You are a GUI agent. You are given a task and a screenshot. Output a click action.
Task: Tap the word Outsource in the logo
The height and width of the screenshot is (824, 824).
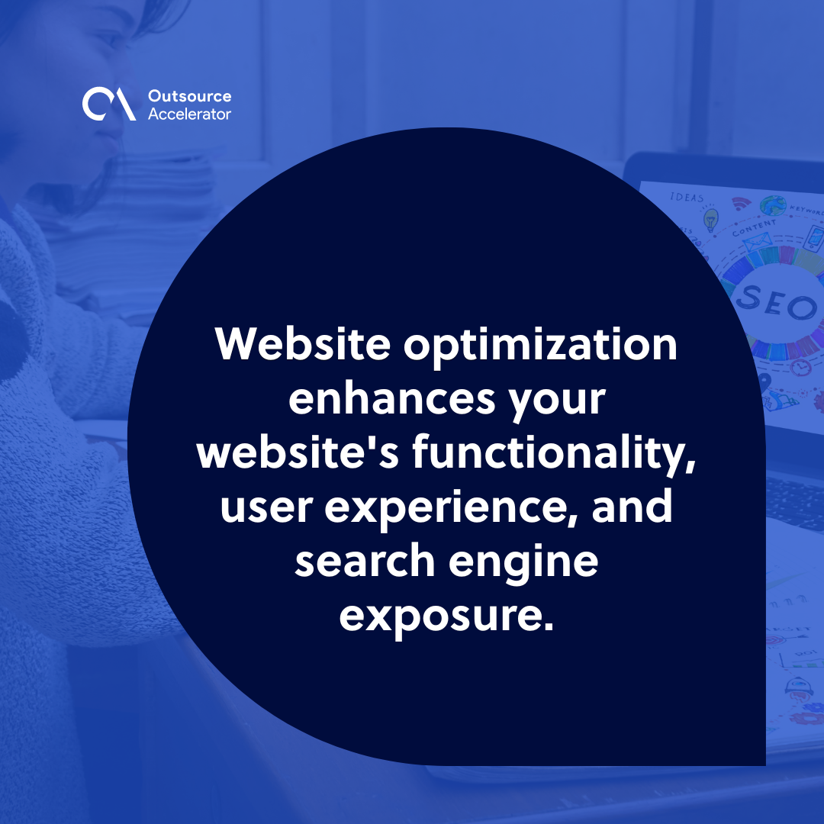pos(189,97)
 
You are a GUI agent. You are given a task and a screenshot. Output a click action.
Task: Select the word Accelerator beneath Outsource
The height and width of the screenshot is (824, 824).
pos(189,114)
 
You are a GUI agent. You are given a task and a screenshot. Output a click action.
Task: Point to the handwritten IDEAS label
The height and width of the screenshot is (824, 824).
pos(687,197)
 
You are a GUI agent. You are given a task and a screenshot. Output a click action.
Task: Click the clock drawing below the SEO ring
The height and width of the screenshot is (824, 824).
pos(800,368)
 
